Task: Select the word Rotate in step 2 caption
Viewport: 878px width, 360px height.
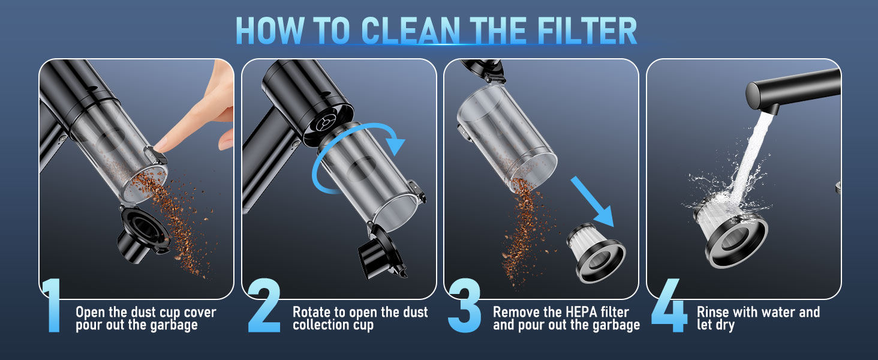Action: pyautogui.click(x=312, y=313)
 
